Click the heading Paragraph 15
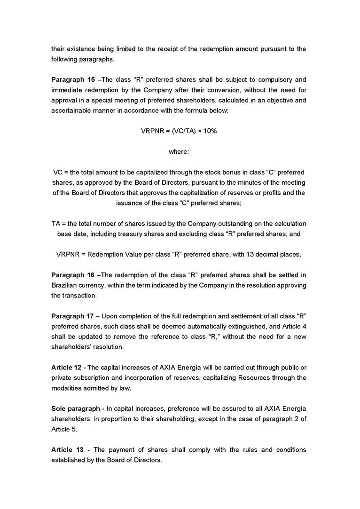(x=72, y=79)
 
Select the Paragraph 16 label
(x=72, y=275)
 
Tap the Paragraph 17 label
(x=72, y=315)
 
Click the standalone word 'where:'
(x=179, y=151)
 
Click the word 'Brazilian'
(x=66, y=285)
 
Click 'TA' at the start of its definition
(x=56, y=223)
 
